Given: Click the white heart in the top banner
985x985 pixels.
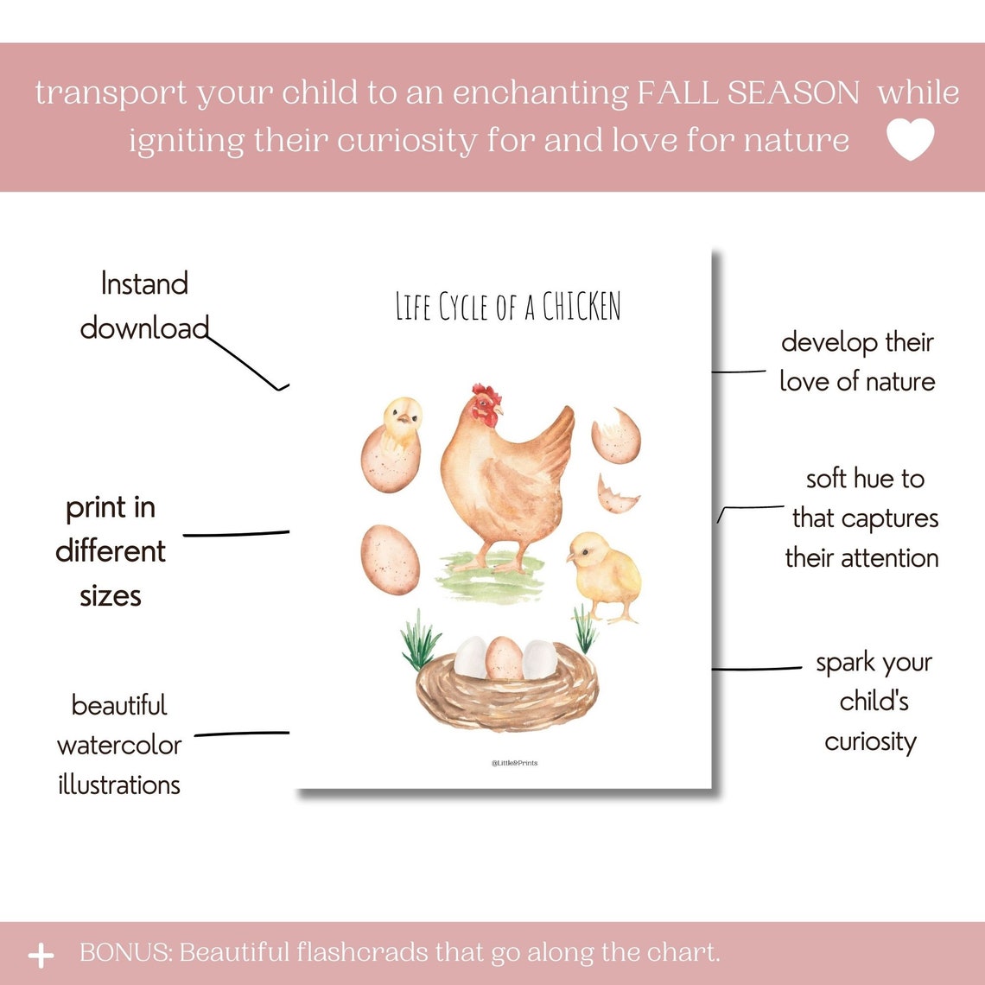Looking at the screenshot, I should click(x=911, y=139).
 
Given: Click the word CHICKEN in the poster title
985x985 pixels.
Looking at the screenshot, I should click(x=581, y=307).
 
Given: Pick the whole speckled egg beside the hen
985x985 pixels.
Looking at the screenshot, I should click(x=390, y=560).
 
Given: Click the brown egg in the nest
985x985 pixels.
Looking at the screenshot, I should click(x=504, y=658).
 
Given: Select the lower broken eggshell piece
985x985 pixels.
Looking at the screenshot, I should click(x=617, y=494).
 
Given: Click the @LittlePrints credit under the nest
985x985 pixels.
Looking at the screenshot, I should click(x=514, y=763).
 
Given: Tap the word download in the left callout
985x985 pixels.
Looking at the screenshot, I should click(x=144, y=328).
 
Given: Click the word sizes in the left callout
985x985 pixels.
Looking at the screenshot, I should click(x=111, y=595).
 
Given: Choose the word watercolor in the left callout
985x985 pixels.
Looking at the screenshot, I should click(x=119, y=745).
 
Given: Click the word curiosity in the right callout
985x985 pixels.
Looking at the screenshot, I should click(x=870, y=742).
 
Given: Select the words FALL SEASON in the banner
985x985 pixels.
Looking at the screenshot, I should click(x=748, y=93).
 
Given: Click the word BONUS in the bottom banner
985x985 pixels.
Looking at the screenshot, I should click(x=124, y=953).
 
